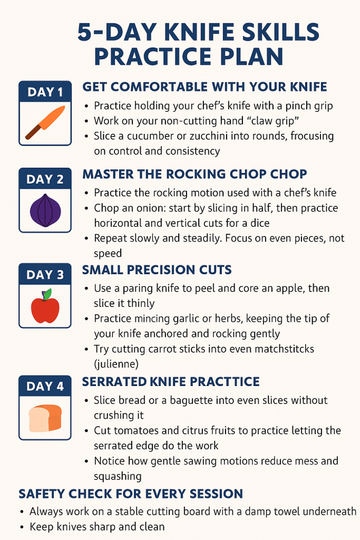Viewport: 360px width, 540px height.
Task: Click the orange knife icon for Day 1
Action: (x=45, y=122)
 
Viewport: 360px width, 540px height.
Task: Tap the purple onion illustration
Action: (x=45, y=210)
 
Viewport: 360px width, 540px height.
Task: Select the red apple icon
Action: (x=45, y=306)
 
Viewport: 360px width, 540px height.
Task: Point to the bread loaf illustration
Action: (x=45, y=418)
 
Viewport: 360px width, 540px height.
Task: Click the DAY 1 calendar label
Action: (x=45, y=92)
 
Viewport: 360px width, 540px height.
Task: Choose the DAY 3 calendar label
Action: (x=45, y=275)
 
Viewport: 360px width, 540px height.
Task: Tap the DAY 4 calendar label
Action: (x=45, y=387)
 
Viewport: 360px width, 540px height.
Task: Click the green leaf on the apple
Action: (x=47, y=294)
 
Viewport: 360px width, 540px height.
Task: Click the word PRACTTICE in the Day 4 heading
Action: (x=225, y=382)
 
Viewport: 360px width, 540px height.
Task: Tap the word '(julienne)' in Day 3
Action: (x=116, y=364)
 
